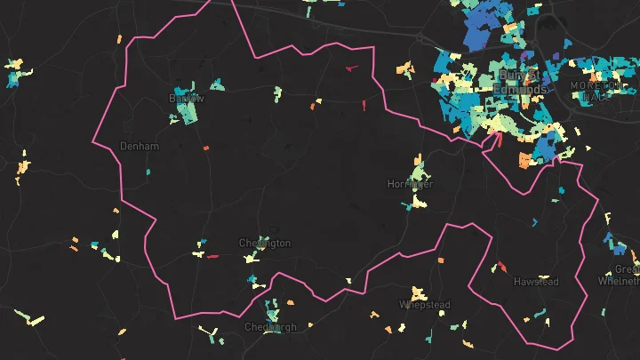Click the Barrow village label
[186, 98]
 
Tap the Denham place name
[139, 146]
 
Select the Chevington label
[264, 243]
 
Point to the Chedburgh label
[270, 326]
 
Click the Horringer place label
[410, 184]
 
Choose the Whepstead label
[423, 304]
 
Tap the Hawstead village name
[536, 282]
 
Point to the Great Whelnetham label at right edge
[627, 275]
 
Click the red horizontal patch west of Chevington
[212, 256]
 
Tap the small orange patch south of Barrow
[205, 148]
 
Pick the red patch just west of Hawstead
[500, 266]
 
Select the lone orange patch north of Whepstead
[441, 260]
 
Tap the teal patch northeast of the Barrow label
[217, 86]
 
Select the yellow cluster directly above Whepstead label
[418, 292]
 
